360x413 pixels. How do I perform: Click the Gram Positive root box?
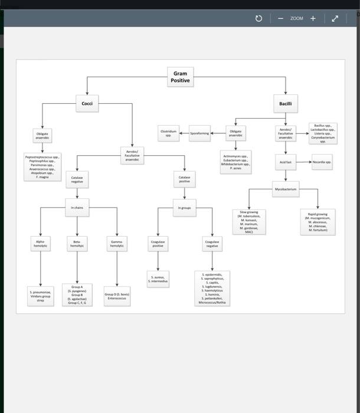pos(180,77)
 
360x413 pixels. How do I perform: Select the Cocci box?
pos(87,104)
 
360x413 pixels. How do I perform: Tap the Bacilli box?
pos(286,104)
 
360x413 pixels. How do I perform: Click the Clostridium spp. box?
pos(168,133)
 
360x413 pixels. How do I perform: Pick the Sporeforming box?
pos(199,133)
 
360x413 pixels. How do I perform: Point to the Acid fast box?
pos(286,162)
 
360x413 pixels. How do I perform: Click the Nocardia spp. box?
pos(322,162)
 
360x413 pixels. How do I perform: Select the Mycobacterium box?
pos(286,189)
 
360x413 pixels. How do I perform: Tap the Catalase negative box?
pos(77,179)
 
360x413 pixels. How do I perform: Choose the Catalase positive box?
pos(184,179)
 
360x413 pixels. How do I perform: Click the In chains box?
pos(77,208)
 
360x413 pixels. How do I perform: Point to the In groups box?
pos(184,208)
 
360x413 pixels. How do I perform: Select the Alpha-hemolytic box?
pos(40,243)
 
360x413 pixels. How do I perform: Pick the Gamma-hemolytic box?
pos(117,243)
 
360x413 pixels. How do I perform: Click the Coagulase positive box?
pos(158,243)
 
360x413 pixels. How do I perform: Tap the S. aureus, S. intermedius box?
pos(158,278)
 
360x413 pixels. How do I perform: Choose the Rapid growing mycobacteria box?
pos(318,222)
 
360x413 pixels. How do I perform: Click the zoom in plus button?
pos(313,18)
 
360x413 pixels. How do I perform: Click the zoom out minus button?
pos(280,18)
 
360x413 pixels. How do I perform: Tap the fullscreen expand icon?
pos(335,18)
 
